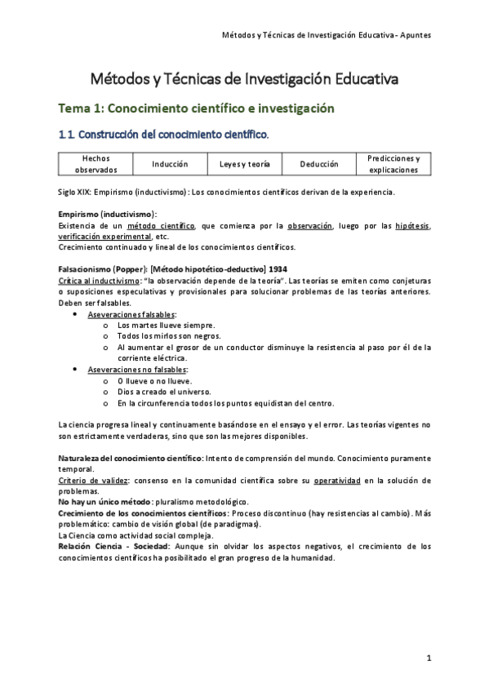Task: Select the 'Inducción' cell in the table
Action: [169, 164]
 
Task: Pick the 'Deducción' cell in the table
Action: [318, 164]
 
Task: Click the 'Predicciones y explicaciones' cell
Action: [393, 163]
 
